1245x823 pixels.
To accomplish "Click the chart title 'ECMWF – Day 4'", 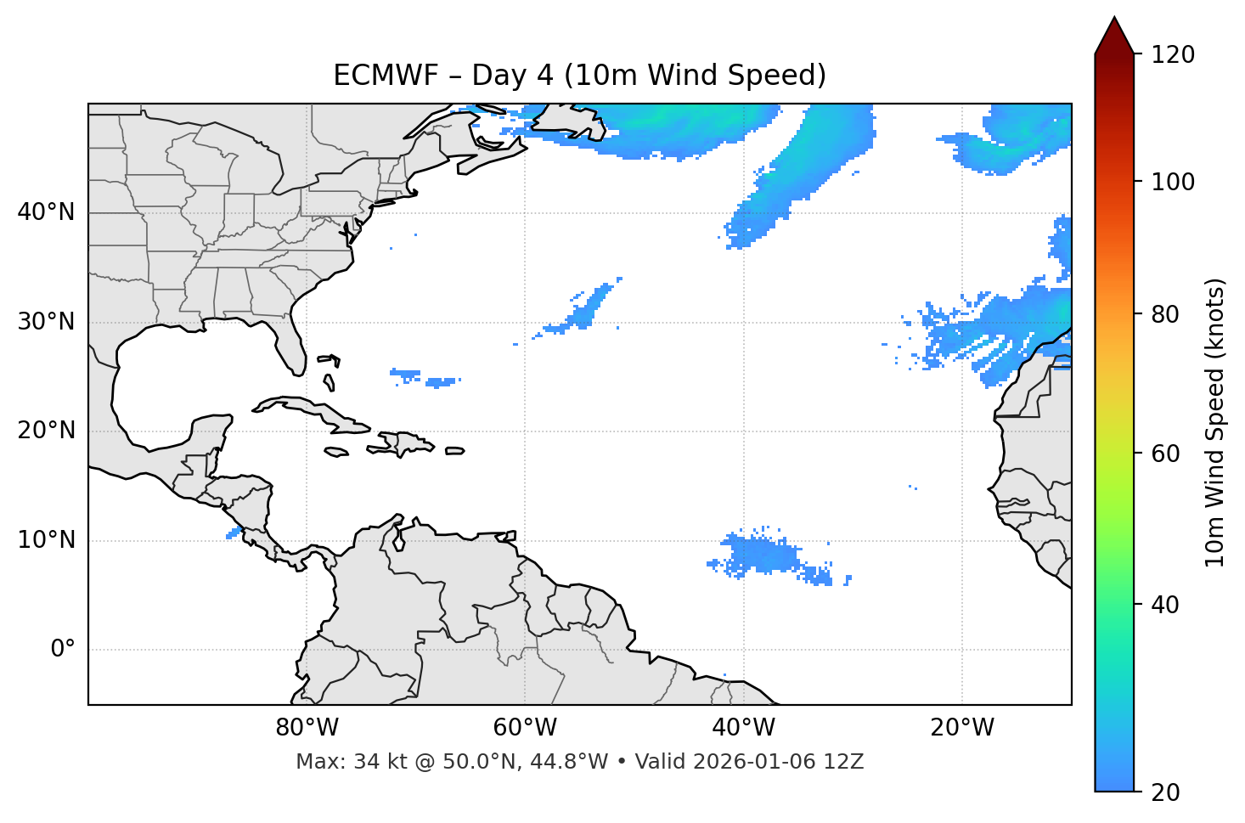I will pyautogui.click(x=579, y=76).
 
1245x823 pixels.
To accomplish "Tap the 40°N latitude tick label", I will pyautogui.click(x=46, y=212).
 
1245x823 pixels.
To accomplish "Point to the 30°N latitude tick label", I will pyautogui.click(x=46, y=322).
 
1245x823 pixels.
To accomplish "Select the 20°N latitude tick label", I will pyautogui.click(x=46, y=431).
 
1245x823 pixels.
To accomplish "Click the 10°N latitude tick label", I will pyautogui.click(x=46, y=540).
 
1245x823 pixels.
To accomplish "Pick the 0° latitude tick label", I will pyautogui.click(x=63, y=650).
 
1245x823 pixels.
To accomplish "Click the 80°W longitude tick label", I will pyautogui.click(x=307, y=728).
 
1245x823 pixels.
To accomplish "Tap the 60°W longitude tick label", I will pyautogui.click(x=525, y=728).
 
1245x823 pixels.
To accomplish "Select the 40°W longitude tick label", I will pyautogui.click(x=743, y=728).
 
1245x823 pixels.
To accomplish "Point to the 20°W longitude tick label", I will pyautogui.click(x=961, y=728).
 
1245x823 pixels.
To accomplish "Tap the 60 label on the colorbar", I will pyautogui.click(x=1165, y=454).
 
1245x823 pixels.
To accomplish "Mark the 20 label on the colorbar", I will pyautogui.click(x=1165, y=792).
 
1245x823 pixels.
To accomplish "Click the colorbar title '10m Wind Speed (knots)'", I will pyautogui.click(x=1215, y=423).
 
